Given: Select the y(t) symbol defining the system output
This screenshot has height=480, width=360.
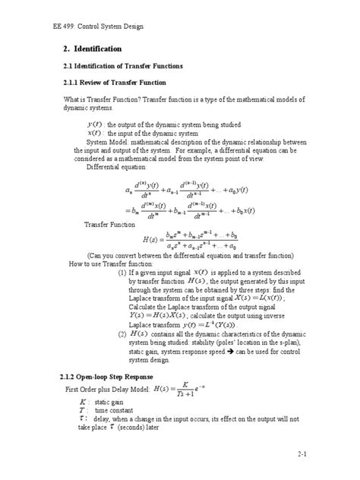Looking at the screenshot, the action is coord(95,124).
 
